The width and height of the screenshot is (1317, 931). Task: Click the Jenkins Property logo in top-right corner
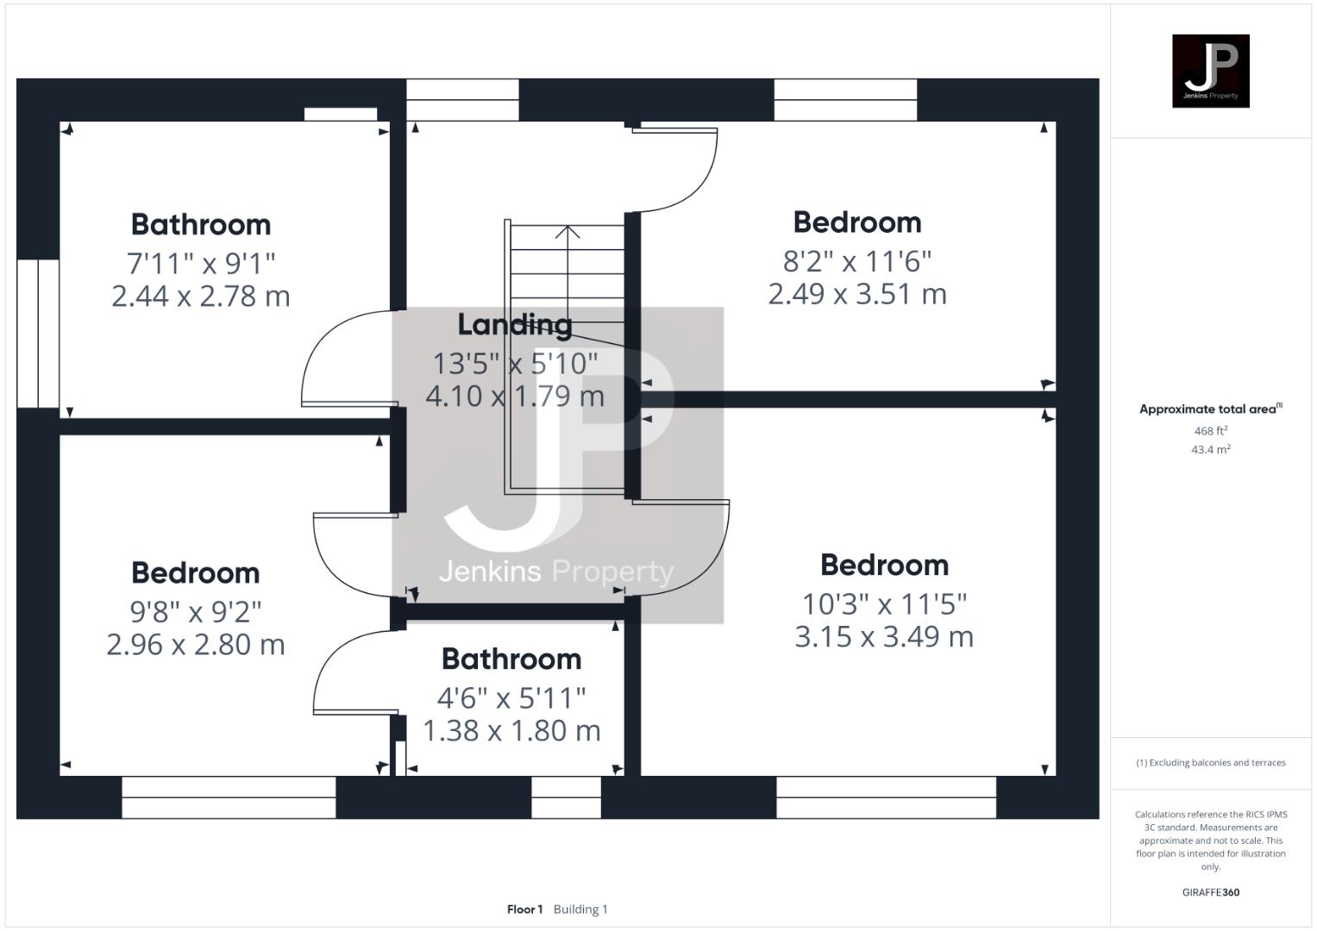pos(1210,71)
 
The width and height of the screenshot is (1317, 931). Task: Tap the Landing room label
pos(514,324)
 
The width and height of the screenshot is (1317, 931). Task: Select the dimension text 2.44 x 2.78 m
pos(200,296)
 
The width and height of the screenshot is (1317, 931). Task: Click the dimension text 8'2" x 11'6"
pos(856,260)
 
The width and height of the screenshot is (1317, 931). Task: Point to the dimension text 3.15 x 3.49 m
pos(884,636)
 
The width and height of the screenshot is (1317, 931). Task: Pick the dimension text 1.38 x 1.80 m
pos(511,730)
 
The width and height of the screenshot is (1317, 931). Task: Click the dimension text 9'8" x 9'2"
pos(195,611)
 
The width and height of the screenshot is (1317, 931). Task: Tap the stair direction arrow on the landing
pos(568,233)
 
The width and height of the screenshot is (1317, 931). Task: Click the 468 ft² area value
pos(1210,430)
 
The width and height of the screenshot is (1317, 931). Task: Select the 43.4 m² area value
pos(1210,449)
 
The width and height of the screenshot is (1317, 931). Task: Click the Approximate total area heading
pos(1210,409)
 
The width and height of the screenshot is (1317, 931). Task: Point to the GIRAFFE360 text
pos(1210,892)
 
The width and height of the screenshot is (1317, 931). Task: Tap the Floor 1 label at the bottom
pos(524,909)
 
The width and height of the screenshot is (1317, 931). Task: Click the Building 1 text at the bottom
pos(580,909)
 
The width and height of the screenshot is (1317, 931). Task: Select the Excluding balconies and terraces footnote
pos(1210,763)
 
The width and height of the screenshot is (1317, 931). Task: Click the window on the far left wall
pos(38,333)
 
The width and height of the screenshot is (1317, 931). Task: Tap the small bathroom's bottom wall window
pos(566,797)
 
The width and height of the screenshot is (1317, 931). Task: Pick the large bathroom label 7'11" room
pos(200,224)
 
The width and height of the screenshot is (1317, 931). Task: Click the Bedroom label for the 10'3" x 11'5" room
pos(884,565)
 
